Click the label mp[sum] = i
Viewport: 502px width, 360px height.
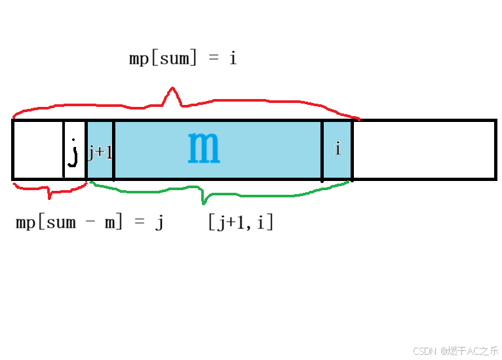coord(183,58)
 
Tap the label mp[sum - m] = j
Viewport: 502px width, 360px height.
coord(90,222)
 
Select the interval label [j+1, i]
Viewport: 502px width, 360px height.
coord(241,223)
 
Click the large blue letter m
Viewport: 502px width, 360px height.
coord(204,148)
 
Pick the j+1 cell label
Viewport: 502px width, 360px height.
coord(100,152)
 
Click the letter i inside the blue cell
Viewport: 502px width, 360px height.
coord(338,150)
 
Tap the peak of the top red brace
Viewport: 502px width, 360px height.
coord(172,90)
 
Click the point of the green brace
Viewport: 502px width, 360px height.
coord(204,202)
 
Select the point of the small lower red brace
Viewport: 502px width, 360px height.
coord(48,197)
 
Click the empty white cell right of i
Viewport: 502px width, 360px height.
coord(423,150)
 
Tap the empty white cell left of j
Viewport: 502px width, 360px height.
coord(38,150)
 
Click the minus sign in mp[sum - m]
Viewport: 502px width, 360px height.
coord(90,223)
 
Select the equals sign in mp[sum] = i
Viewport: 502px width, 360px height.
coord(213,59)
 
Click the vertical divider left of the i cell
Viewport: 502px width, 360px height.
coord(322,150)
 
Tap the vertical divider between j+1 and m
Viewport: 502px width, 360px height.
coord(114,150)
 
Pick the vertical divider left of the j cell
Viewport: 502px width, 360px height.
coord(64,150)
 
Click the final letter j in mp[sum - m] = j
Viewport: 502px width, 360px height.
coord(159,223)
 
